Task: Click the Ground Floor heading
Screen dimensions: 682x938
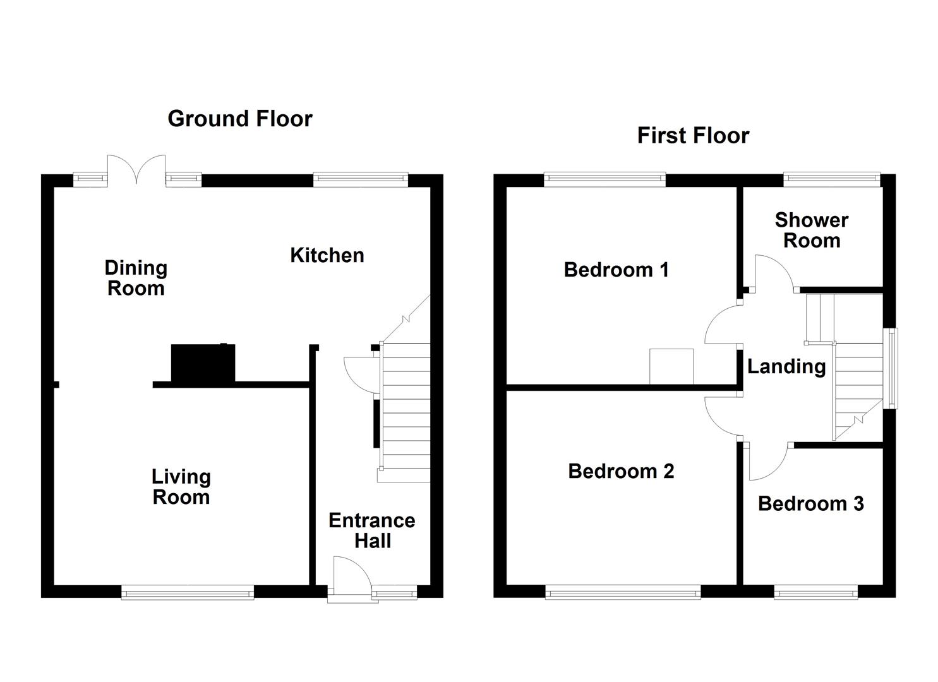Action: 239,119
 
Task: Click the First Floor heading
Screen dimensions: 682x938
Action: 692,135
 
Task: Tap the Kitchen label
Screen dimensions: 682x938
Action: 327,255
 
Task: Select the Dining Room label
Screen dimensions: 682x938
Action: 136,278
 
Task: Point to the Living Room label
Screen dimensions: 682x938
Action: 181,487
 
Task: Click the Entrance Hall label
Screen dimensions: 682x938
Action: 372,530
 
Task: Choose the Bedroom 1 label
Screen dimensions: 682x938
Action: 616,270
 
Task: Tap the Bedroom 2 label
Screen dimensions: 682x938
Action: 621,471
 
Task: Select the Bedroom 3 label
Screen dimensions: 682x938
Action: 810,503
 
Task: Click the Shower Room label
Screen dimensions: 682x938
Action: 812,230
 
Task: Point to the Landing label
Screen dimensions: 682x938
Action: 786,366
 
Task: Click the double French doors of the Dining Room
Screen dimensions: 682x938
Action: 136,169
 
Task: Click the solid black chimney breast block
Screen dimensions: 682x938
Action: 203,362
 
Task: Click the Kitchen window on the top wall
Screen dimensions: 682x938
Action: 361,180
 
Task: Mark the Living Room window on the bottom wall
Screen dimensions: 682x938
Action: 188,592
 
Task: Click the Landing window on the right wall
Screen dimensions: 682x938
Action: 889,368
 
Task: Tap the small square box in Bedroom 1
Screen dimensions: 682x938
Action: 671,366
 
